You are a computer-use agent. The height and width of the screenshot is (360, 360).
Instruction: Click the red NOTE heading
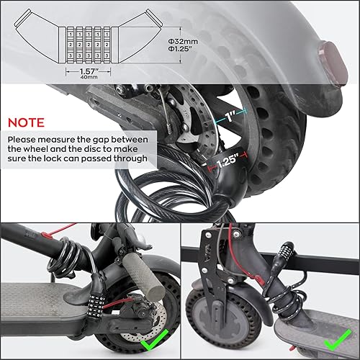tap(27, 122)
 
